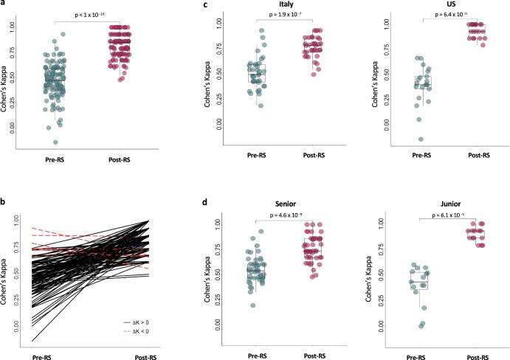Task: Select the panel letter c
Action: click(204, 4)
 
